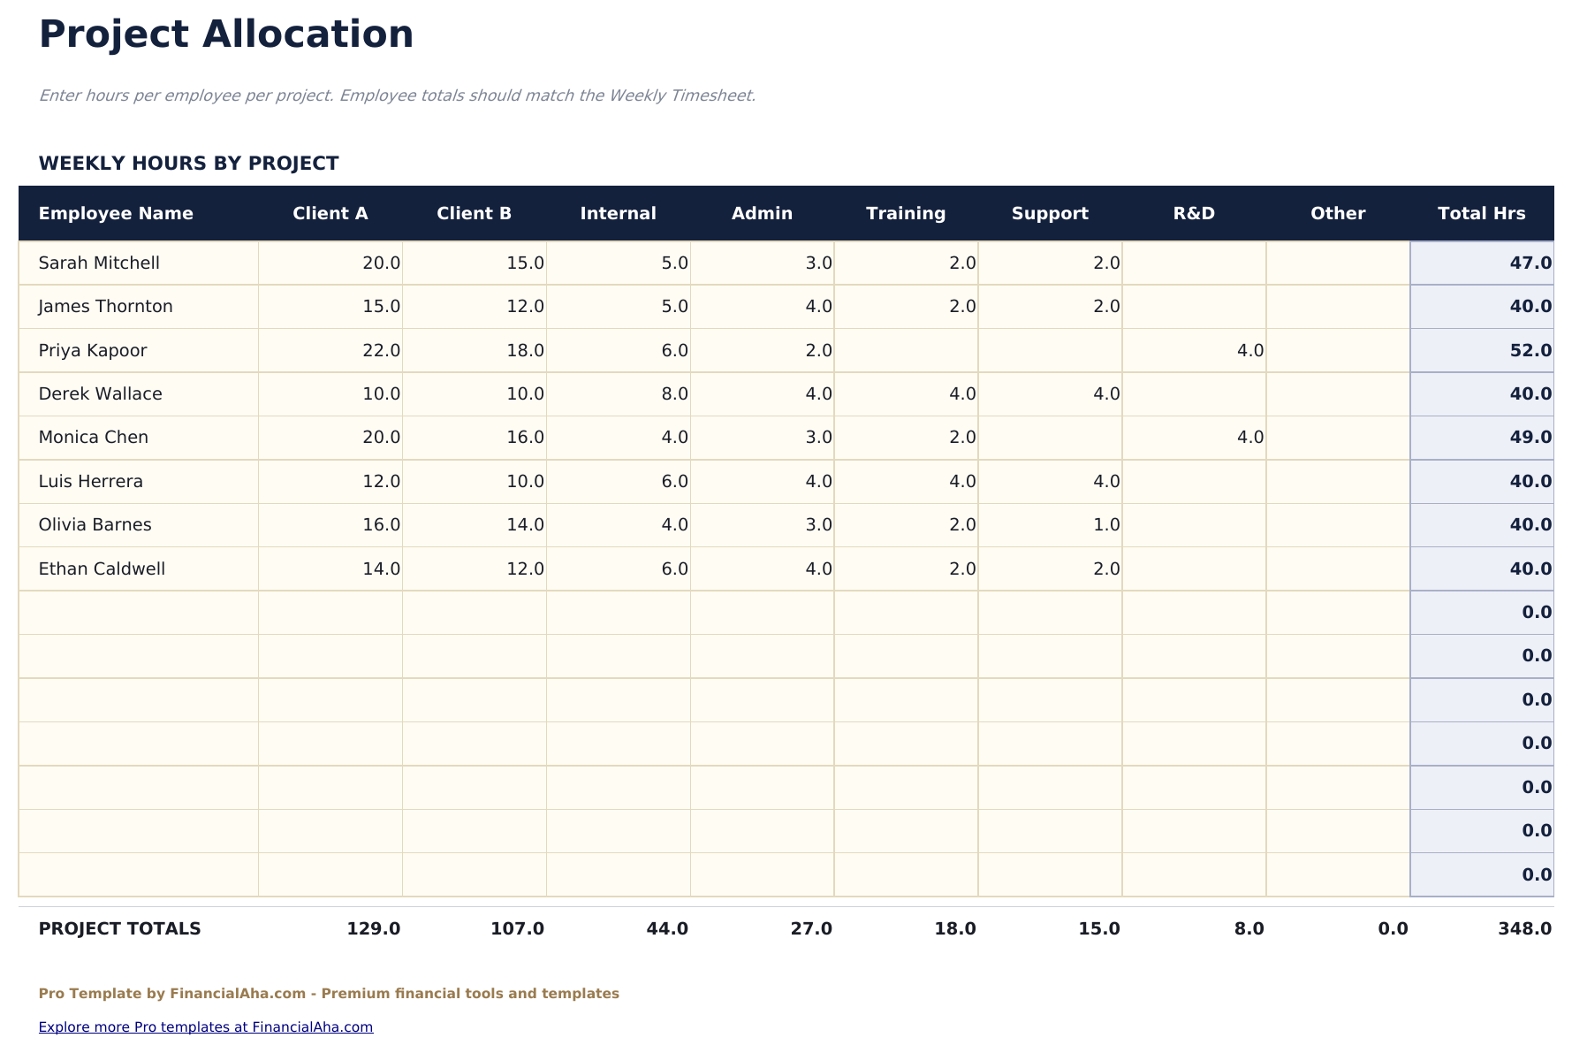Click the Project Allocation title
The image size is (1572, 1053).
tap(226, 35)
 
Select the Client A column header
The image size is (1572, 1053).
tap(330, 213)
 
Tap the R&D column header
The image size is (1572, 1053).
tap(1194, 213)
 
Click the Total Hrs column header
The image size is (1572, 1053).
tap(1481, 213)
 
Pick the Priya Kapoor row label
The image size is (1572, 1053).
tap(93, 350)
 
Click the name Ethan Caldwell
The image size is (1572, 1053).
tap(102, 568)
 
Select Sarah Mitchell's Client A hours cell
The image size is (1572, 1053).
tap(381, 263)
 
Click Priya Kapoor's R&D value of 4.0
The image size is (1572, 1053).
tap(1249, 350)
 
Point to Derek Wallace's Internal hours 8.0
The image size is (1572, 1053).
tap(674, 393)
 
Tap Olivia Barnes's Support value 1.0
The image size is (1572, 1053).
tap(1106, 524)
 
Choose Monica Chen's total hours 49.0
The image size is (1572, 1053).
tap(1530, 437)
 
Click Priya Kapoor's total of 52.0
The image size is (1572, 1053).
tap(1530, 350)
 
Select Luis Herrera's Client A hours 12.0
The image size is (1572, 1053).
tap(381, 481)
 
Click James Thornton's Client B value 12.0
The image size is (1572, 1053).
tap(525, 306)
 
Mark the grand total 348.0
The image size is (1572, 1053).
tap(1524, 928)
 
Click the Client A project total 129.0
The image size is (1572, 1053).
tap(373, 928)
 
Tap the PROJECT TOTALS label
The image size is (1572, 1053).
tap(119, 928)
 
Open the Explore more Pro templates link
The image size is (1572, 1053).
tap(206, 1026)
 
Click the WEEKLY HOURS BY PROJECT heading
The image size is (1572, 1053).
tap(188, 164)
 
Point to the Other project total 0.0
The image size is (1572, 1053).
tap(1393, 928)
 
